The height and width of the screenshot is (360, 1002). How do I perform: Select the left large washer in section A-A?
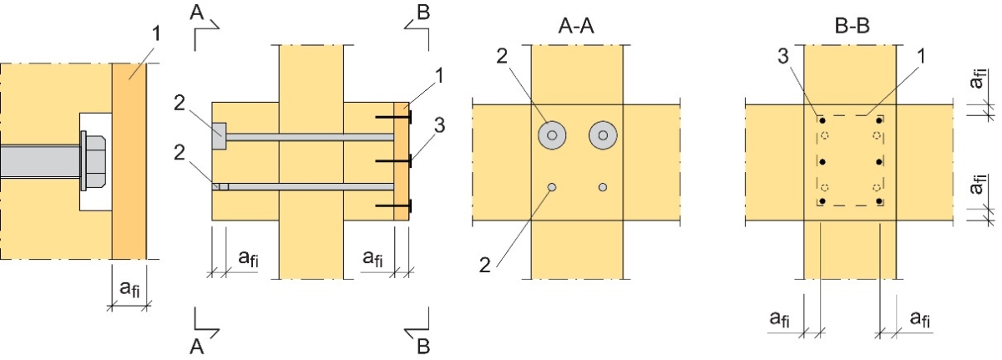tap(551, 134)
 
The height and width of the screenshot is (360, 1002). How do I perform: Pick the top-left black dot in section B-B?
tap(822, 121)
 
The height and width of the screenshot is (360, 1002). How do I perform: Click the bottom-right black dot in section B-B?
tap(878, 201)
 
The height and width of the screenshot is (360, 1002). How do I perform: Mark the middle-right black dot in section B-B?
tap(878, 161)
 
